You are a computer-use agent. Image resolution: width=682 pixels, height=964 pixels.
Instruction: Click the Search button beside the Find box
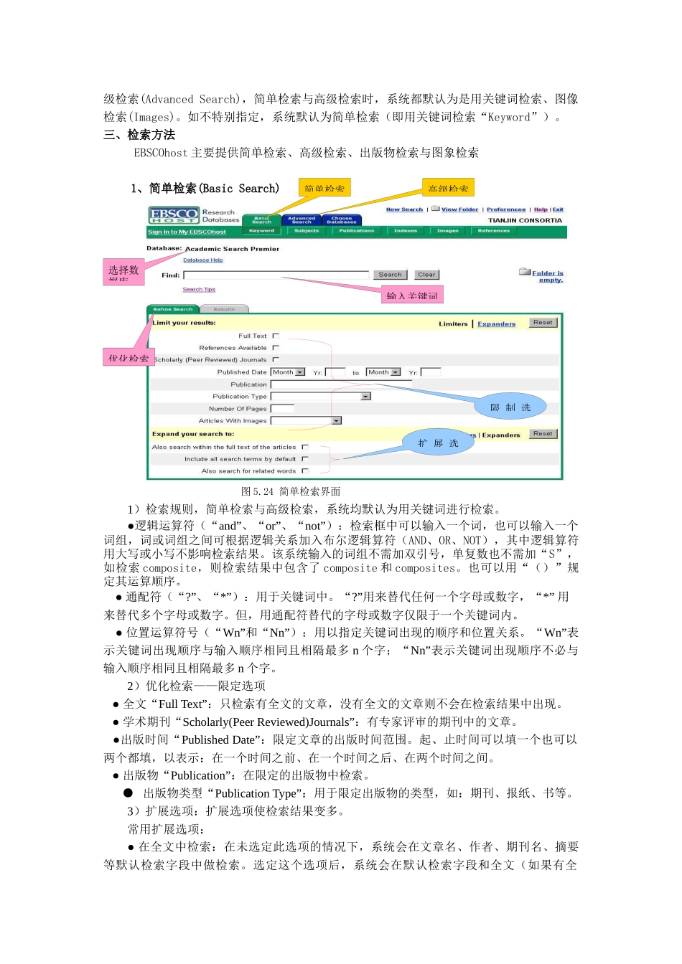click(390, 275)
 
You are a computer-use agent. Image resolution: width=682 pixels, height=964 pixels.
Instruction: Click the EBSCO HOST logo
click(174, 215)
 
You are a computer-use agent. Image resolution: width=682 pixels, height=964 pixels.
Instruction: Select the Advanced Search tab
click(302, 219)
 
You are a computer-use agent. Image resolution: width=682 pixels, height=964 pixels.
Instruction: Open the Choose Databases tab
click(342, 219)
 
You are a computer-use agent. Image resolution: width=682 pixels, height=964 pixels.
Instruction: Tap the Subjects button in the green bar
click(307, 231)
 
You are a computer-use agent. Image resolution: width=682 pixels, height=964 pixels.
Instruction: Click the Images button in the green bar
click(448, 231)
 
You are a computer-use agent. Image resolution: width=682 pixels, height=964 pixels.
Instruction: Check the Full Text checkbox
click(276, 336)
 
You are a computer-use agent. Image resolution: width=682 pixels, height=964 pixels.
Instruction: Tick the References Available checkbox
click(276, 348)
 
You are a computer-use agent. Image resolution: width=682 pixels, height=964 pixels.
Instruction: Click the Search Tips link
click(199, 290)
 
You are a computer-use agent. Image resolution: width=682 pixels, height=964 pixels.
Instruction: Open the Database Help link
click(202, 260)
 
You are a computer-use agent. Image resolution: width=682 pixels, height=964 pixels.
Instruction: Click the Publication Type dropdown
click(320, 397)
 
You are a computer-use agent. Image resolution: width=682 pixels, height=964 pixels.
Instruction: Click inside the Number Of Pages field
click(282, 409)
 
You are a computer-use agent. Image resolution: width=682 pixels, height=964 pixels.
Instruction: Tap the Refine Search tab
click(173, 309)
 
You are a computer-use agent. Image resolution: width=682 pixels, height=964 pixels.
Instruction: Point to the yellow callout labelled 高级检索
click(448, 188)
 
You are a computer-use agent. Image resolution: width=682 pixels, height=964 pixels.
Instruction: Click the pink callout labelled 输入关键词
click(412, 296)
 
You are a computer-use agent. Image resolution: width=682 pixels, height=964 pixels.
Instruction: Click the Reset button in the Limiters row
click(543, 323)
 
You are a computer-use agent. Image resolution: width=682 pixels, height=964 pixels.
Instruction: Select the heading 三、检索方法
click(139, 135)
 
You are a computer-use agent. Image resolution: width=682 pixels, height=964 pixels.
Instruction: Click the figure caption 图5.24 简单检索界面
click(291, 491)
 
